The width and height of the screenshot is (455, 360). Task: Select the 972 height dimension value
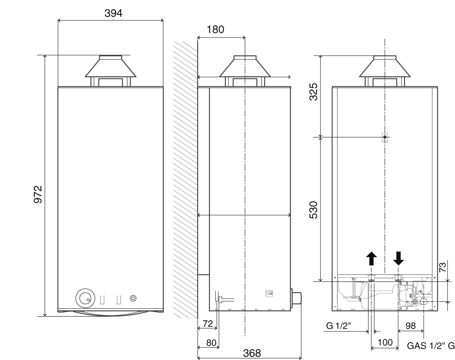pyautogui.click(x=38, y=194)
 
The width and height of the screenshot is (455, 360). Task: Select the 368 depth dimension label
pyautogui.click(x=249, y=352)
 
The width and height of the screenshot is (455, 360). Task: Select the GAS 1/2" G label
pyautogui.click(x=430, y=346)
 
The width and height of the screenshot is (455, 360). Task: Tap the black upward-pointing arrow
pyautogui.click(x=371, y=258)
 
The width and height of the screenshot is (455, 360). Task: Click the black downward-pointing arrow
pyautogui.click(x=398, y=258)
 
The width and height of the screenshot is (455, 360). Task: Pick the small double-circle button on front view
pyautogui.click(x=133, y=298)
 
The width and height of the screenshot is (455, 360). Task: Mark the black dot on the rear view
pyautogui.click(x=385, y=137)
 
